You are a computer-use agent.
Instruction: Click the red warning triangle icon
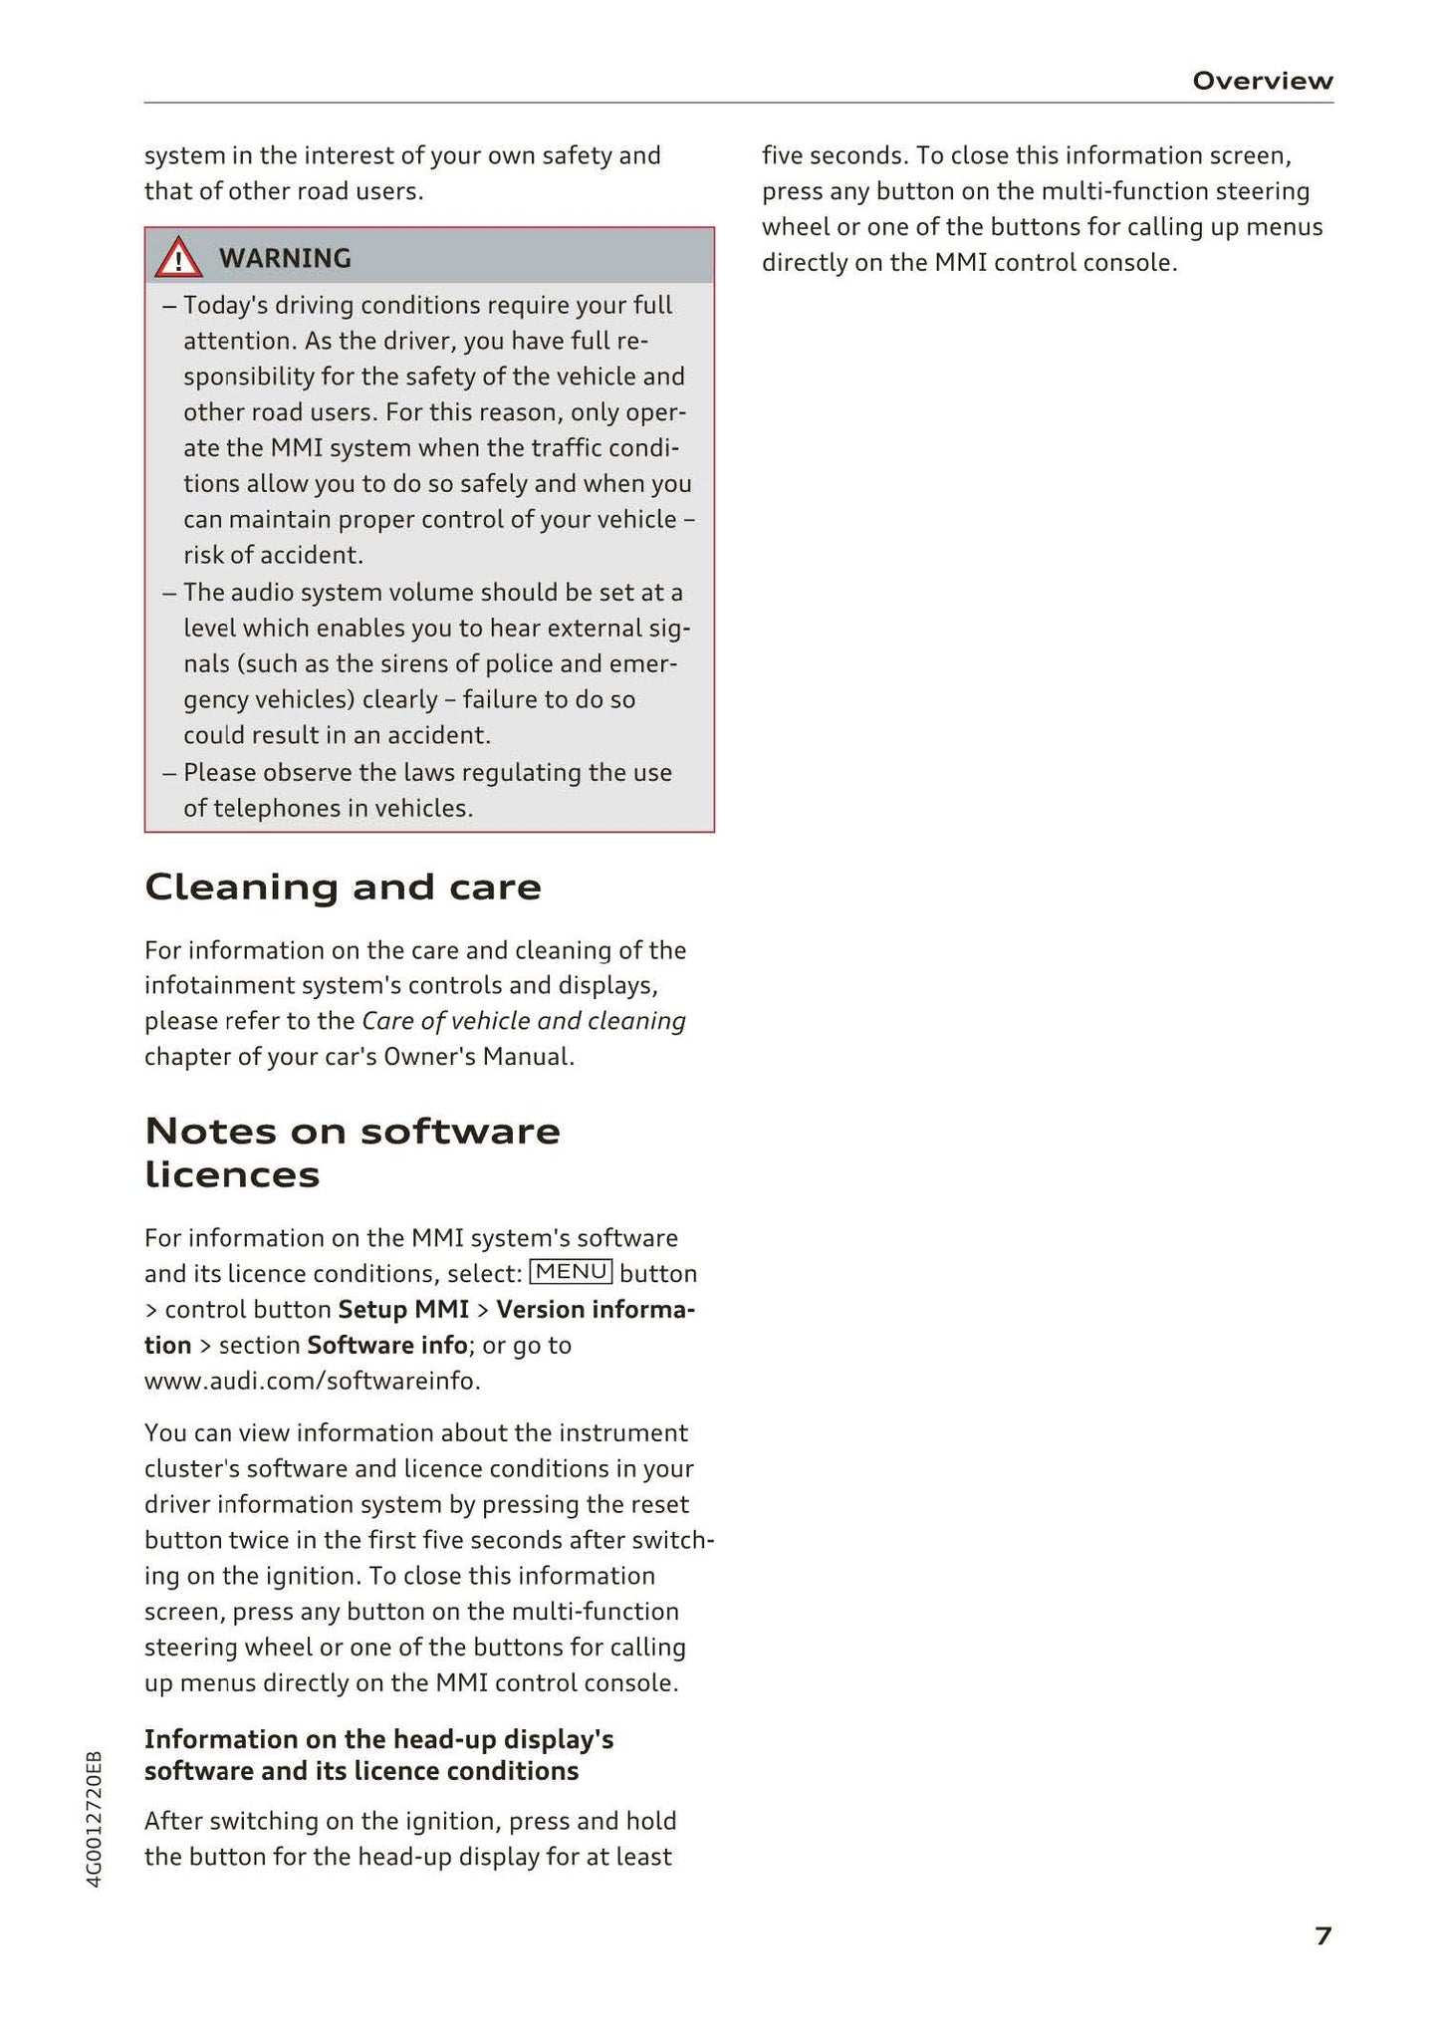click(178, 258)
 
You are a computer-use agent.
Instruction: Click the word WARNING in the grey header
click(285, 258)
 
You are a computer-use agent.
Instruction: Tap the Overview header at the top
click(1262, 81)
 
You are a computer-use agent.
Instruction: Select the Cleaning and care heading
click(343, 887)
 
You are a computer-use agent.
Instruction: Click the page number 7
click(1322, 1935)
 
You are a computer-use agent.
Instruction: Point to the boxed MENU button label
click(571, 1272)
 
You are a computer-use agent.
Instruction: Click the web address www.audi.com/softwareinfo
click(312, 1381)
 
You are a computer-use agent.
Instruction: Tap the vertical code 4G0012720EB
click(95, 1818)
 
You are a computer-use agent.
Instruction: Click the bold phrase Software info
click(386, 1345)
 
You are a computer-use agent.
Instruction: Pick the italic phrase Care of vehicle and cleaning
click(524, 1021)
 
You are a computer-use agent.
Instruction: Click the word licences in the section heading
click(232, 1175)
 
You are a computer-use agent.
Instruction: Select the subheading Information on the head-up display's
click(378, 1739)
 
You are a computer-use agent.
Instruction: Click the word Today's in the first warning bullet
click(225, 305)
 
